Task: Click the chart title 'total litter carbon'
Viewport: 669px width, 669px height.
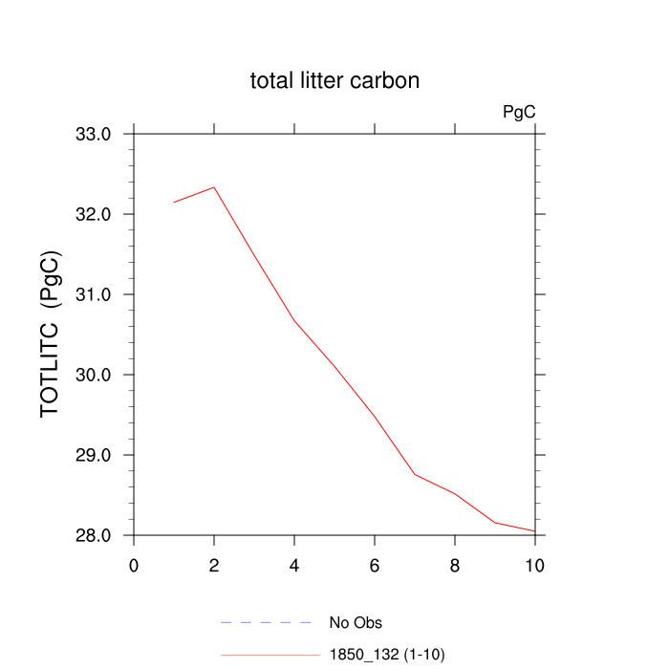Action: pos(334,81)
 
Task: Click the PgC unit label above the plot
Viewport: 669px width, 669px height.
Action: pos(519,112)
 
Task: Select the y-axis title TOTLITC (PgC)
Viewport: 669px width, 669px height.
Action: pos(54,334)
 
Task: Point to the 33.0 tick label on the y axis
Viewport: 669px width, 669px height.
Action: pos(94,134)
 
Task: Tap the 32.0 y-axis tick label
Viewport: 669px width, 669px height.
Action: pos(94,214)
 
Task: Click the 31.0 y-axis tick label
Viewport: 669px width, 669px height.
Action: pos(94,294)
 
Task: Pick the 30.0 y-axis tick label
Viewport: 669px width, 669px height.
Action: pos(94,375)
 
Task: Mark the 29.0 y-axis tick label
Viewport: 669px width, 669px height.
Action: pos(94,455)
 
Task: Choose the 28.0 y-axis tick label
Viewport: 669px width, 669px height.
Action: pos(94,535)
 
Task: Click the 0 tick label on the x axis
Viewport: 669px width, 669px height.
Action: pos(134,565)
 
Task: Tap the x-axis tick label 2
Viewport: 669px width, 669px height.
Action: pos(214,565)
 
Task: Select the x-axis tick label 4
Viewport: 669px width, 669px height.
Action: pos(294,565)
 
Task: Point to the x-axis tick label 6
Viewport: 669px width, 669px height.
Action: pos(375,565)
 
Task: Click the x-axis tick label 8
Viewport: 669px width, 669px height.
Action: pos(455,565)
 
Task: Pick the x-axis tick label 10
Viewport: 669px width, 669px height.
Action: pos(535,565)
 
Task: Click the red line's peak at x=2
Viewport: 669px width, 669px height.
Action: pos(214,187)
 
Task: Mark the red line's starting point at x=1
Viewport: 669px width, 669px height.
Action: pos(174,202)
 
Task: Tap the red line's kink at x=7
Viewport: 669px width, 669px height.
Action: pos(415,474)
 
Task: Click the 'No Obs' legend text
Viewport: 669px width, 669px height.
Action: pos(356,623)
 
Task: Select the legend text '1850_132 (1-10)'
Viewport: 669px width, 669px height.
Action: pos(387,655)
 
